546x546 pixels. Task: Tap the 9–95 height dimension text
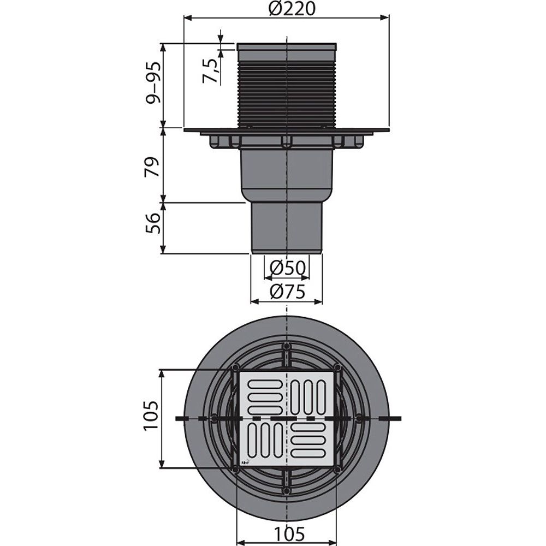coord(153,82)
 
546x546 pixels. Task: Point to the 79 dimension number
coord(152,167)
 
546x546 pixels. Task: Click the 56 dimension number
coord(152,223)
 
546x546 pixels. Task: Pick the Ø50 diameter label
coord(288,268)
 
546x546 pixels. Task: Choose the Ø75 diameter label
coord(287,292)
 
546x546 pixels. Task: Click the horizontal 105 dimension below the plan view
coord(289,533)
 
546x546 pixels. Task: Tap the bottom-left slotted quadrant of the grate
coord(264,441)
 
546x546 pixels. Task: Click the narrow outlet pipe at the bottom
coord(287,228)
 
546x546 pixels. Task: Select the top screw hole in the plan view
coord(286,347)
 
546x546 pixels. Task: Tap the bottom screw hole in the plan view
coord(286,491)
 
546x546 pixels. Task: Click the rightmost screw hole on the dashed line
coord(359,418)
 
